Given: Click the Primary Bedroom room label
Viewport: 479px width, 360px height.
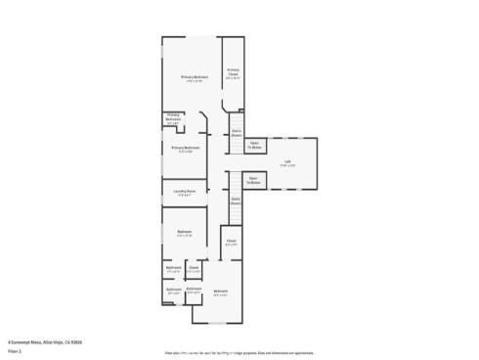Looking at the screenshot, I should coord(194,76).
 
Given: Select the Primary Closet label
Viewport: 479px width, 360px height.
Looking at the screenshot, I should coord(234,71).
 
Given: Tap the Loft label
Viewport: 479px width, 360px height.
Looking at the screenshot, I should coord(287,161).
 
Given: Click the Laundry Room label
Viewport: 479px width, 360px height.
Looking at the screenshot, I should coord(185,191).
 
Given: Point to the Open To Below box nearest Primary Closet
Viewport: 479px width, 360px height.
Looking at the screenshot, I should coord(254,145).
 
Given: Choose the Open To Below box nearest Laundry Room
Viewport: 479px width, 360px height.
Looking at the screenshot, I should coord(252,180).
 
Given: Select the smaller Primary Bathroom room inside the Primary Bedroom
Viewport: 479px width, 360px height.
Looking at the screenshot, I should coord(173,118).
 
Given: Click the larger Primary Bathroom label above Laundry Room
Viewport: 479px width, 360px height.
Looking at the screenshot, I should coord(186,148).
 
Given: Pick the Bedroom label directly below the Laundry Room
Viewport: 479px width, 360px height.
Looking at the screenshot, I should coord(184,233).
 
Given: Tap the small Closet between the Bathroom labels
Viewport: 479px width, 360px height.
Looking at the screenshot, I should coord(194,267).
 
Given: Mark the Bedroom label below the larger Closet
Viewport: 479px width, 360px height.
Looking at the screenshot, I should coord(221,292).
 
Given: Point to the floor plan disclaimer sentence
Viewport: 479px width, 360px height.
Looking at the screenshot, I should coord(239,350).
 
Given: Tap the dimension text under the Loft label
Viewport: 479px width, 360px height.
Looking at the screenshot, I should coord(287,165).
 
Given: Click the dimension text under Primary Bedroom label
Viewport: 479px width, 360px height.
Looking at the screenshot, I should coord(194,81).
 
